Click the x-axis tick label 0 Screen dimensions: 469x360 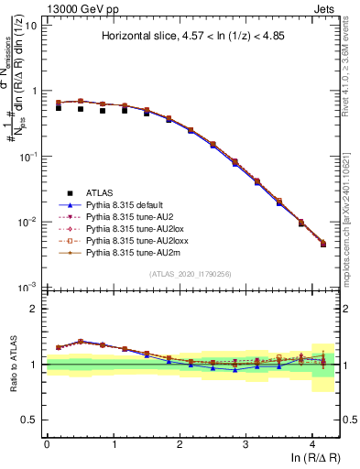[x=47, y=442]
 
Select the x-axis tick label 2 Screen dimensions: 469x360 [x=180, y=442]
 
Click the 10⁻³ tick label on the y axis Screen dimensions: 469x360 [x=27, y=288]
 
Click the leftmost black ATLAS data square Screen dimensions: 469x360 [x=59, y=108]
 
